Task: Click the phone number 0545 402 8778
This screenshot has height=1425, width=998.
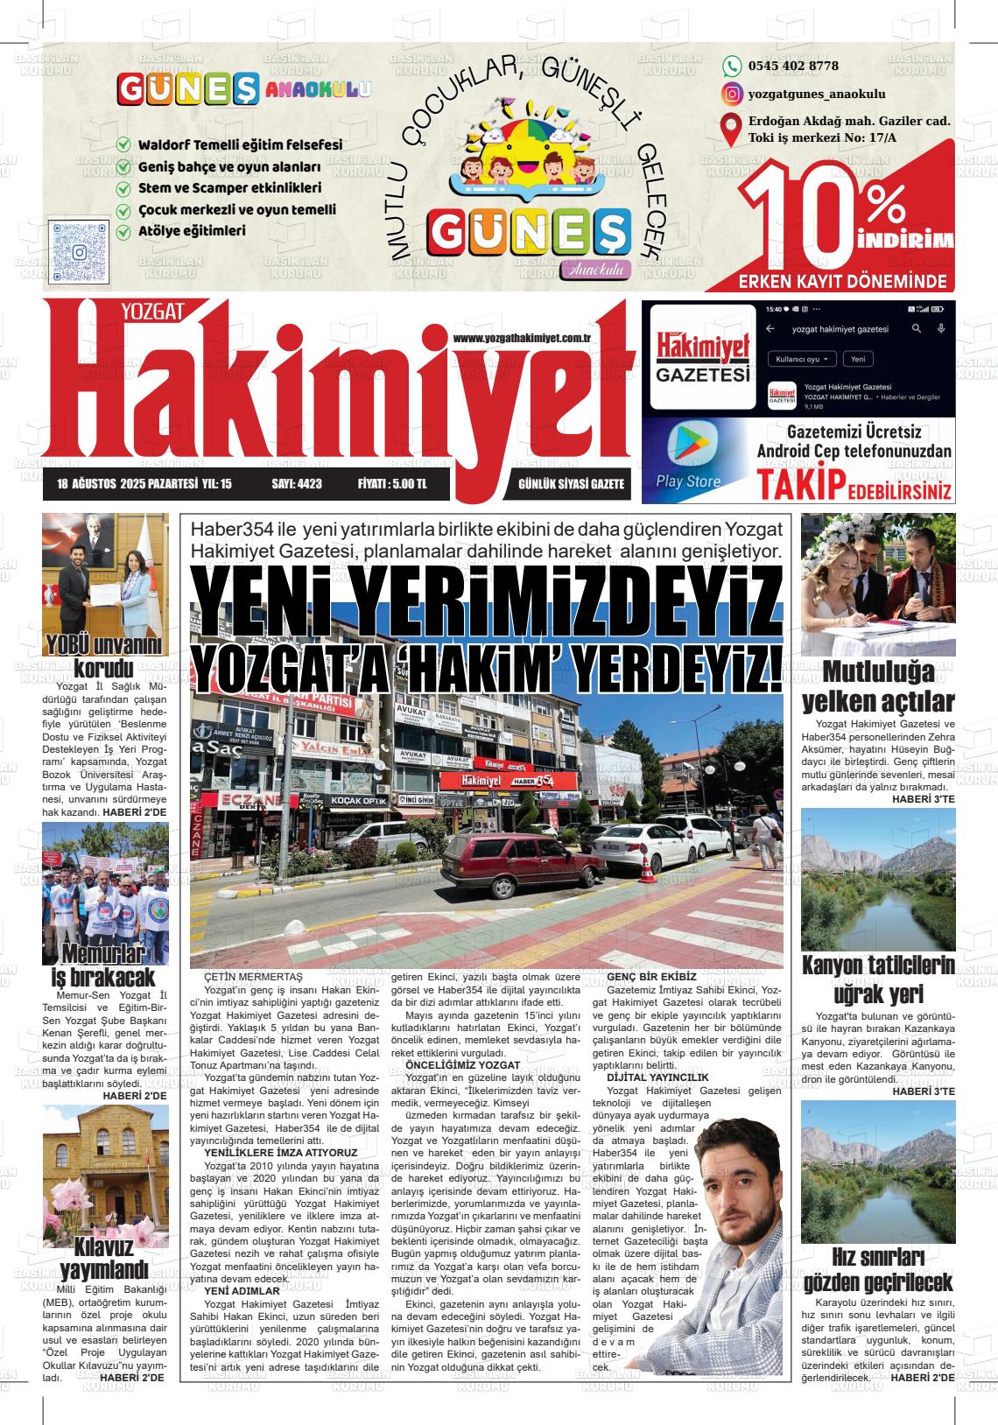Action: (x=793, y=66)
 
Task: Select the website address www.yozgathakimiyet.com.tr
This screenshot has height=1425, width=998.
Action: (x=524, y=338)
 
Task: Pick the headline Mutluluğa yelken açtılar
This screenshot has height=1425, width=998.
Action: (x=877, y=686)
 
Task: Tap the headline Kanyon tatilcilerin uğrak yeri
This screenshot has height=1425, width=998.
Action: (x=877, y=979)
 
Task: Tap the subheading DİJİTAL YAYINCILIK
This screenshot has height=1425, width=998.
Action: (x=657, y=1078)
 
